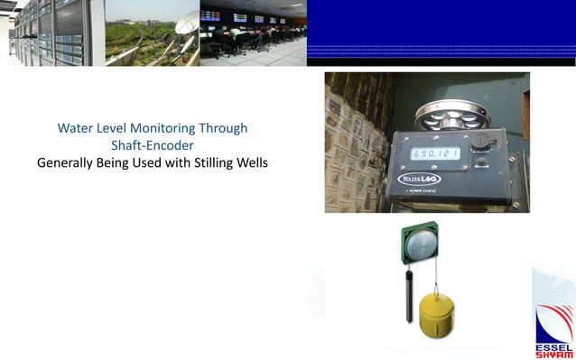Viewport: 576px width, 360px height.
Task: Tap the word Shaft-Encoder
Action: (152, 145)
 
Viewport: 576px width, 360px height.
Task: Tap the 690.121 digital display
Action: (436, 154)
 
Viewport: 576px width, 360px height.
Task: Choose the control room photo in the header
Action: (252, 33)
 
